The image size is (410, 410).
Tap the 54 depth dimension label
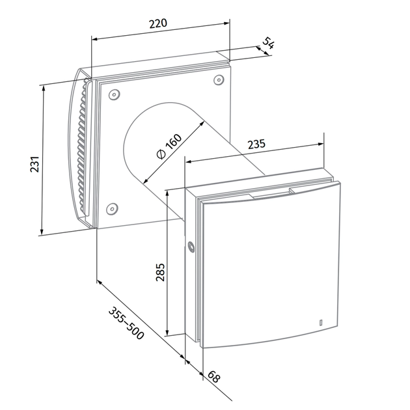(x=269, y=43)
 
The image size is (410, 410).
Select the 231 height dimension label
(x=34, y=164)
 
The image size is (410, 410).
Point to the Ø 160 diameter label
(x=169, y=146)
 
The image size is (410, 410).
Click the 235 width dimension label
(x=256, y=144)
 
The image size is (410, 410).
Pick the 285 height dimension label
(x=160, y=272)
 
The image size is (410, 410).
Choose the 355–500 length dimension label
(x=126, y=323)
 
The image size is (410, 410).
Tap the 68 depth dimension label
(x=214, y=377)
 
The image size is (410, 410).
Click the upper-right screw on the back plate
(x=219, y=80)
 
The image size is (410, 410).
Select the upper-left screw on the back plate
(x=115, y=94)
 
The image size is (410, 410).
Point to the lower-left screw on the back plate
(x=112, y=209)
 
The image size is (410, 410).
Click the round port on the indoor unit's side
(x=191, y=247)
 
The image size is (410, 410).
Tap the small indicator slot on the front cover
(x=321, y=323)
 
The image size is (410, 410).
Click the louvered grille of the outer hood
(x=83, y=146)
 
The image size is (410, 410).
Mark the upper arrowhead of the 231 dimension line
(x=44, y=89)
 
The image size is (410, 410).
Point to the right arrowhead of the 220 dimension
(x=226, y=23)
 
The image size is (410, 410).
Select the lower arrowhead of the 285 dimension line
(x=168, y=332)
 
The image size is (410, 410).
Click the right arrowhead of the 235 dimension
(x=320, y=144)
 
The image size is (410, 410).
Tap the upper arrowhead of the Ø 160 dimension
(x=202, y=124)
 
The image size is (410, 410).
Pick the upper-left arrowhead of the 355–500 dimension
(x=100, y=282)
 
